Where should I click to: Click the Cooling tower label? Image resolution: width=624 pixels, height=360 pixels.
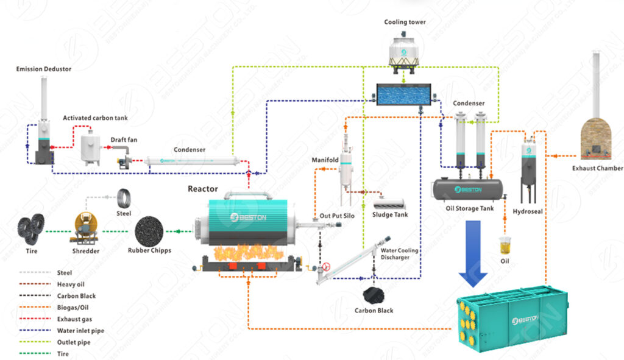coord(405,23)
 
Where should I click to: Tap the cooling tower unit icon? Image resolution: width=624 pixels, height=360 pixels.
coord(405,50)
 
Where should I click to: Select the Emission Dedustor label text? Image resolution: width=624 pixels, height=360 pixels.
coord(43,69)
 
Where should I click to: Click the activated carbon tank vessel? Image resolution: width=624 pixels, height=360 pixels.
coord(91,148)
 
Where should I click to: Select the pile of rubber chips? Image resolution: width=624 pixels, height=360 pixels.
coord(149,230)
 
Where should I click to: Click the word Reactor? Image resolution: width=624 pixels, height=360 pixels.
coord(203,189)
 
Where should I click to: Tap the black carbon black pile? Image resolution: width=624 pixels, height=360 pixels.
coord(374,295)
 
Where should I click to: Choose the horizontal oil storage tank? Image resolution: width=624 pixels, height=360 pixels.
coord(469,190)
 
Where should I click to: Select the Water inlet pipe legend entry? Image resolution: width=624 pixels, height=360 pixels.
coord(80,331)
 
